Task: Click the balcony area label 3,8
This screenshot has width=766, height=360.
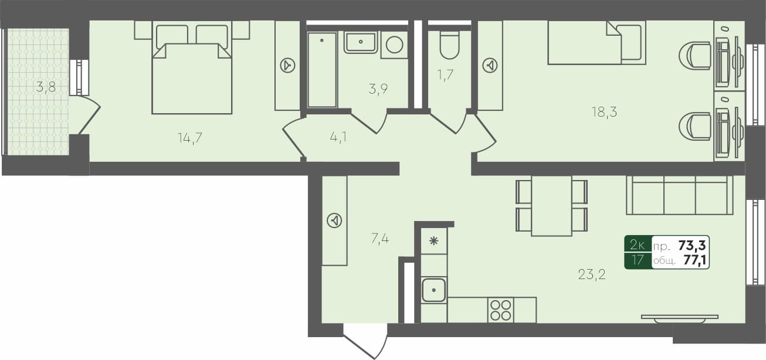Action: click(46, 88)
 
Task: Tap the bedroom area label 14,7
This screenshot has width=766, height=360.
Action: click(194, 138)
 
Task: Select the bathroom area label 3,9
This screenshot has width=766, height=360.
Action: click(378, 89)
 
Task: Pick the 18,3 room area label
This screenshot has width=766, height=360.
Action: click(604, 112)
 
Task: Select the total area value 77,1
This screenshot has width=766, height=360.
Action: click(694, 260)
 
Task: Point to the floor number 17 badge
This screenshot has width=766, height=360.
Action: click(638, 260)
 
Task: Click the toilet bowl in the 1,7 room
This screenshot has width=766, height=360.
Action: click(450, 46)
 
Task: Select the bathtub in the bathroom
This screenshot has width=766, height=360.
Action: click(322, 70)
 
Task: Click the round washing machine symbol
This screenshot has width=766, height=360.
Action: click(394, 45)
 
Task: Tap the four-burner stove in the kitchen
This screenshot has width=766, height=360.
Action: click(501, 310)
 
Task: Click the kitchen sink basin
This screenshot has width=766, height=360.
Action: click(434, 290)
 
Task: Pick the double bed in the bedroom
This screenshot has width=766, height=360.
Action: click(192, 73)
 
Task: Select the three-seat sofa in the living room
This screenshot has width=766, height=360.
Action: click(680, 195)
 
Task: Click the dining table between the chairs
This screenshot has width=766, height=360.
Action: click(551, 206)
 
